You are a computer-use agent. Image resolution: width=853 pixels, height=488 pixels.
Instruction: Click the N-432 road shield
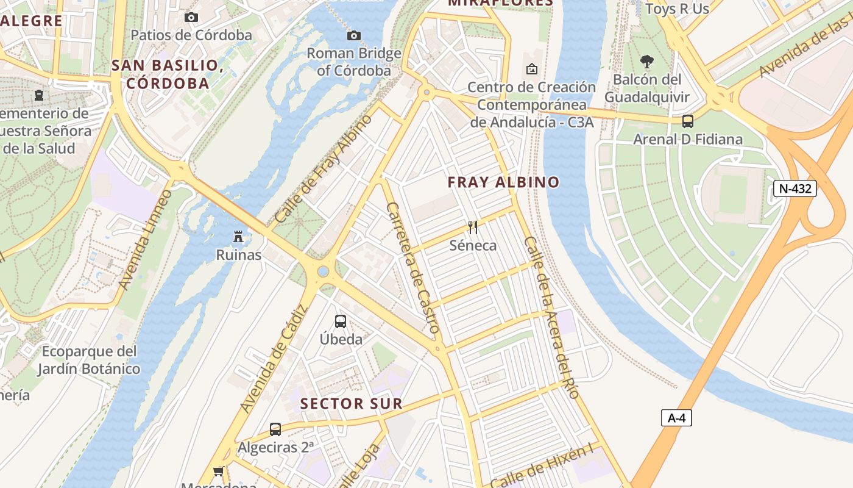tap(795, 188)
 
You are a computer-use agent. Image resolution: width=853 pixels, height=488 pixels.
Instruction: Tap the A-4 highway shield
tap(676, 418)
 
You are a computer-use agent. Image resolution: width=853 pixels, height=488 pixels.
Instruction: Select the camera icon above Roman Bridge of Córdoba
tap(353, 35)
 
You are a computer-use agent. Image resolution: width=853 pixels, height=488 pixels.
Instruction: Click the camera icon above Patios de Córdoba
tap(191, 17)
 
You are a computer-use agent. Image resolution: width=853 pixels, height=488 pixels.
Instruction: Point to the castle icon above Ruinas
tap(238, 236)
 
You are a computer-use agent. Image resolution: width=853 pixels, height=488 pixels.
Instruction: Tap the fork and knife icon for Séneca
tap(473, 227)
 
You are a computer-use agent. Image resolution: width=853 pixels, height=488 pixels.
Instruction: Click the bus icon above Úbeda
tap(341, 321)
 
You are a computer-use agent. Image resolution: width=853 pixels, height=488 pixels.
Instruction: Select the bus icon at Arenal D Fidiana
tap(688, 121)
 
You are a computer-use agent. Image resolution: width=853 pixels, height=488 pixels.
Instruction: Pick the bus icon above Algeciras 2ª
tap(275, 429)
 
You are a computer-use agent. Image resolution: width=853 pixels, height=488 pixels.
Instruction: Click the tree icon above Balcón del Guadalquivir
tap(646, 61)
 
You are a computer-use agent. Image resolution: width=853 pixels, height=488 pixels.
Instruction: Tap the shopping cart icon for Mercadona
tap(218, 471)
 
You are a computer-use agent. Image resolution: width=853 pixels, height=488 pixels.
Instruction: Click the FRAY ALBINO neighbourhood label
tap(503, 182)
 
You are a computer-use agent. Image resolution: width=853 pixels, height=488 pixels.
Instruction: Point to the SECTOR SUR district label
tap(352, 403)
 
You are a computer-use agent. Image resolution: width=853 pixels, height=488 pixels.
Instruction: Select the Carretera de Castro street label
tap(413, 267)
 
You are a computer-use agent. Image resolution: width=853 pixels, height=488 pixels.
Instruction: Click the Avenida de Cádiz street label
tap(271, 358)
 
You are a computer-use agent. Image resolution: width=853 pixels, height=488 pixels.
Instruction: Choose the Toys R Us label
tap(677, 9)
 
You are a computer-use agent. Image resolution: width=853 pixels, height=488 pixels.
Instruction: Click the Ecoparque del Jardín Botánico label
tap(89, 360)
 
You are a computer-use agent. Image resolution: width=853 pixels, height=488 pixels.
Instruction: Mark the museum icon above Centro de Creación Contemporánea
tap(531, 69)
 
